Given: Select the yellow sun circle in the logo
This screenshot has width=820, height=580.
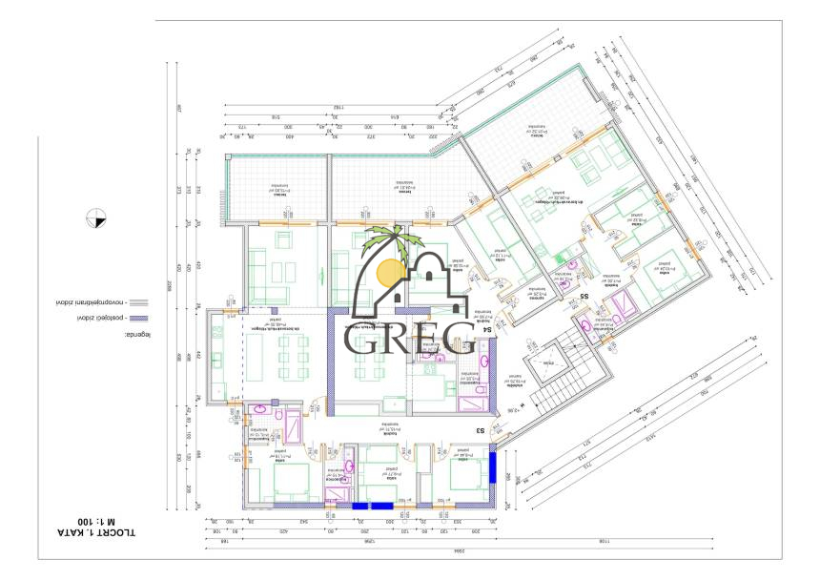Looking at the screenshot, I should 390,273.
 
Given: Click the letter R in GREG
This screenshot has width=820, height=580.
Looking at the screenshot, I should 392,338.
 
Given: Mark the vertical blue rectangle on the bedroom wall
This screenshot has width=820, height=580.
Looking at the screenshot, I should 492,468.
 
